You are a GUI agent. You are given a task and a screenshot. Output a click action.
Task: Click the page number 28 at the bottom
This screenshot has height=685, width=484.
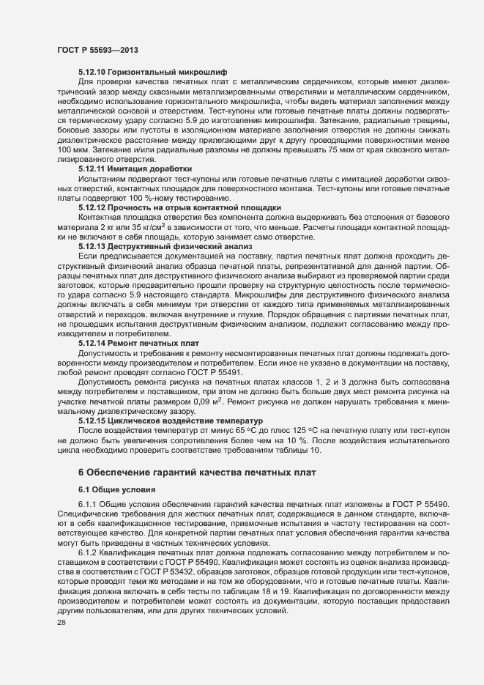click(62, 643)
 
